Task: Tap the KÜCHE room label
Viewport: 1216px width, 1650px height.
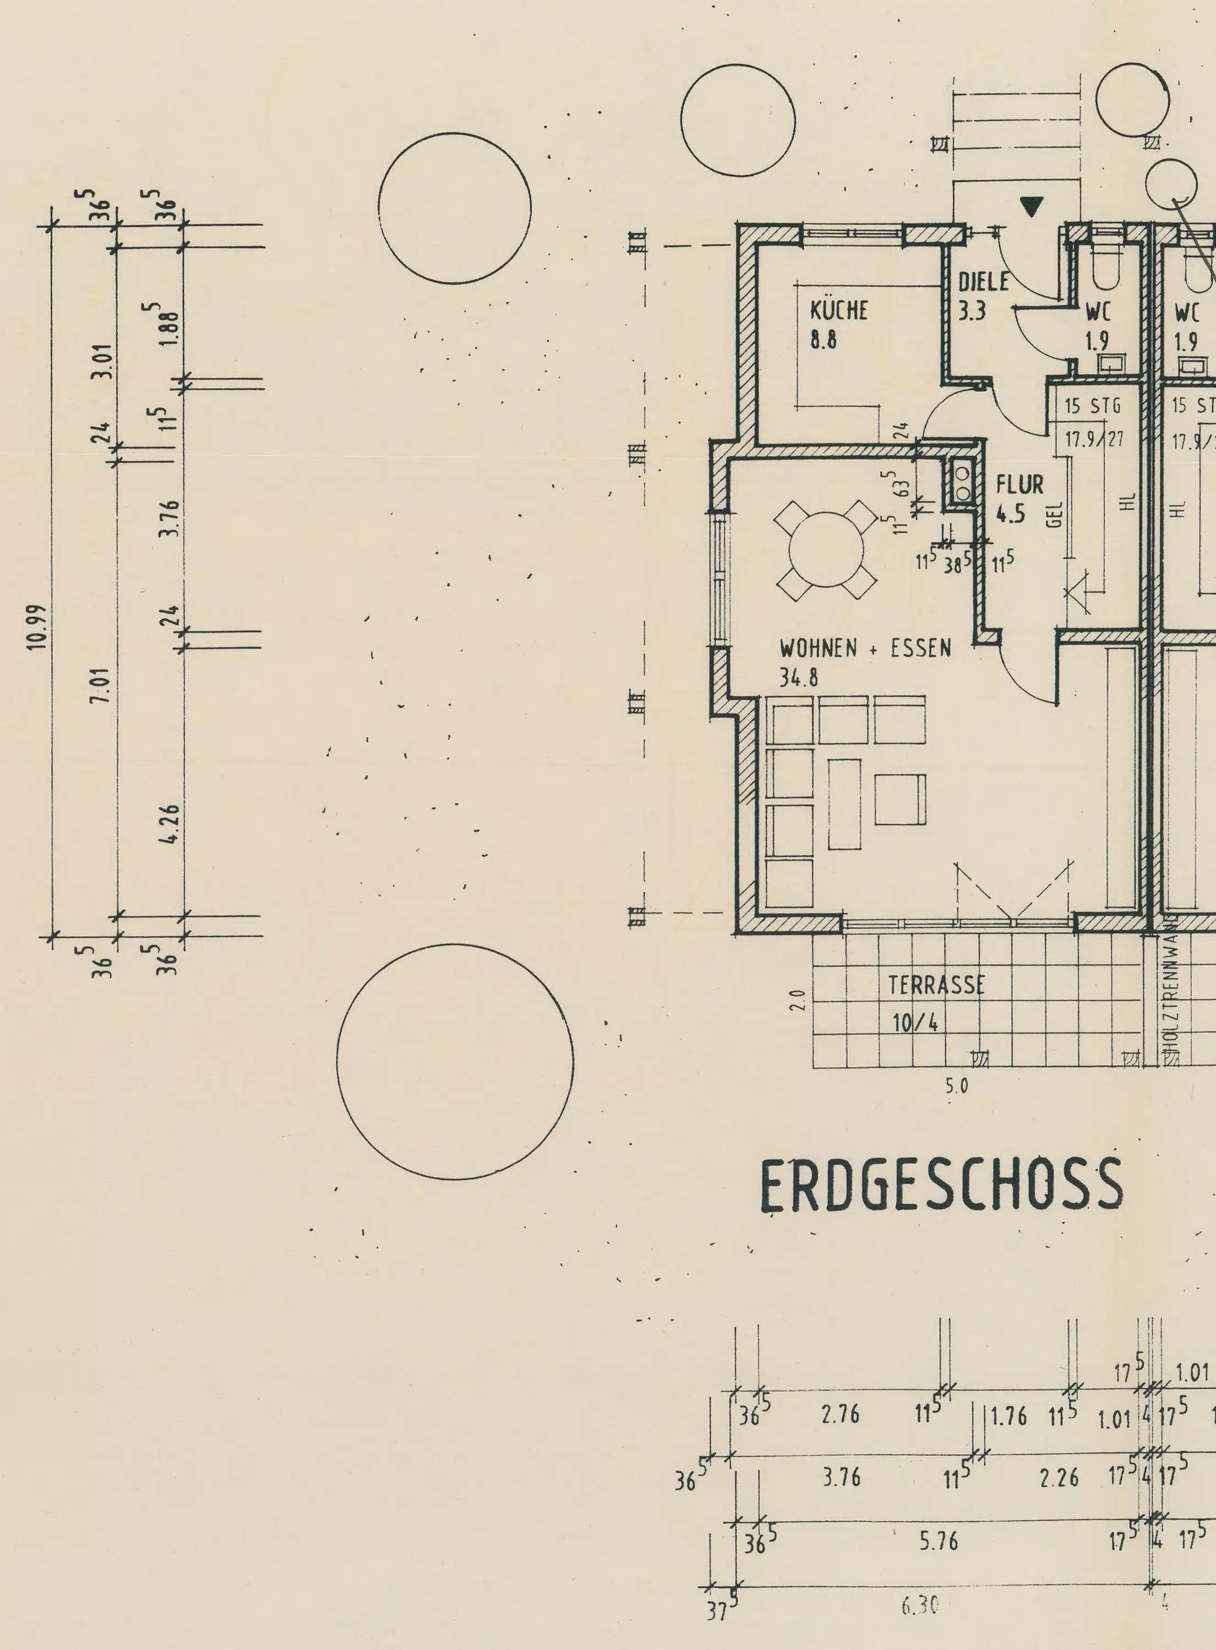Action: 839,310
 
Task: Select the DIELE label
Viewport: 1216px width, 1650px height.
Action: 983,282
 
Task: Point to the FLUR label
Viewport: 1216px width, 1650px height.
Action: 1019,485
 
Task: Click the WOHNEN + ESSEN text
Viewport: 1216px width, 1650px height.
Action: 865,649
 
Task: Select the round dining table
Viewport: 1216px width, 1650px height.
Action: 826,549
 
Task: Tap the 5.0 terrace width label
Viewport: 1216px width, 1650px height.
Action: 956,1085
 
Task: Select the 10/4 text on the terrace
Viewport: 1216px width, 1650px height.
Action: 915,1023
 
